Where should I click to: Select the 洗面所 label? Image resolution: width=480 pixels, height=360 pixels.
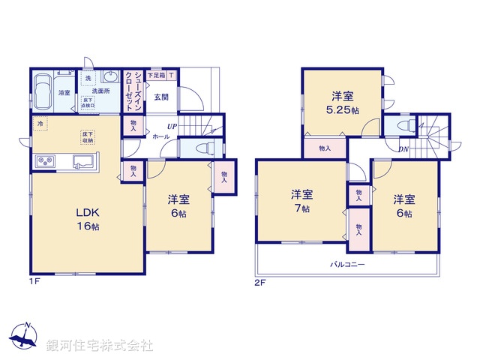(101, 91)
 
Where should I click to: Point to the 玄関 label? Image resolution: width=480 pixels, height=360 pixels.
(161, 97)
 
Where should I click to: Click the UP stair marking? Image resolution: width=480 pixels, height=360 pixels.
(172, 126)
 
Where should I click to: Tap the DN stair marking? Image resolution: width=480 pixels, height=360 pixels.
(403, 149)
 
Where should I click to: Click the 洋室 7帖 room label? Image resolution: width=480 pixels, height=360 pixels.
(301, 202)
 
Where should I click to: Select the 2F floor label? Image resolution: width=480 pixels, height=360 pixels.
(259, 283)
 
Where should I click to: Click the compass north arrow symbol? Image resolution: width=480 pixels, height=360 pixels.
(25, 337)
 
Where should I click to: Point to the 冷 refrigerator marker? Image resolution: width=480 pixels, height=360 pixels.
(38, 123)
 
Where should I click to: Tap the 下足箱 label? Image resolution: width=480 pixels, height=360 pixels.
(156, 75)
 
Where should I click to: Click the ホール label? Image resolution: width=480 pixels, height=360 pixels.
(161, 138)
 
